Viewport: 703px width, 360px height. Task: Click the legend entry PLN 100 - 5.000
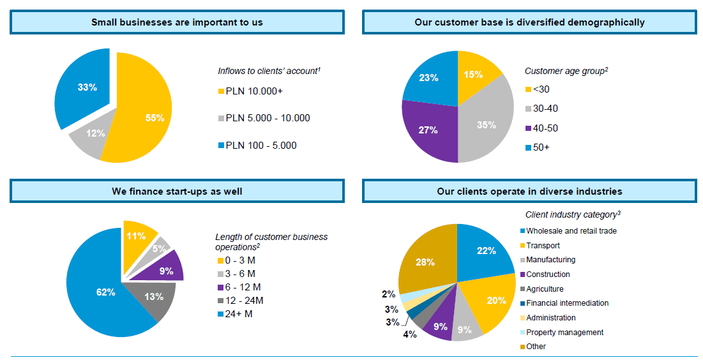(x=261, y=146)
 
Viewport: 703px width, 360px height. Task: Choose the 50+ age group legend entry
(x=541, y=147)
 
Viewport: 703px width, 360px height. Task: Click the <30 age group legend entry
(x=541, y=89)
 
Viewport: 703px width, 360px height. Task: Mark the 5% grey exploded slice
(x=158, y=247)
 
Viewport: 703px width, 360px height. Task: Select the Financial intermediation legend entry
(x=567, y=303)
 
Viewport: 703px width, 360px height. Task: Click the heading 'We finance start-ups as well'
(x=177, y=191)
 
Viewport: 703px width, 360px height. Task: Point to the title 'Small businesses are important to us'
(x=177, y=22)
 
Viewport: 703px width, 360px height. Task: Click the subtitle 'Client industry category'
(x=573, y=215)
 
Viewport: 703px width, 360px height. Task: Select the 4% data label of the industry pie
(x=409, y=334)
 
